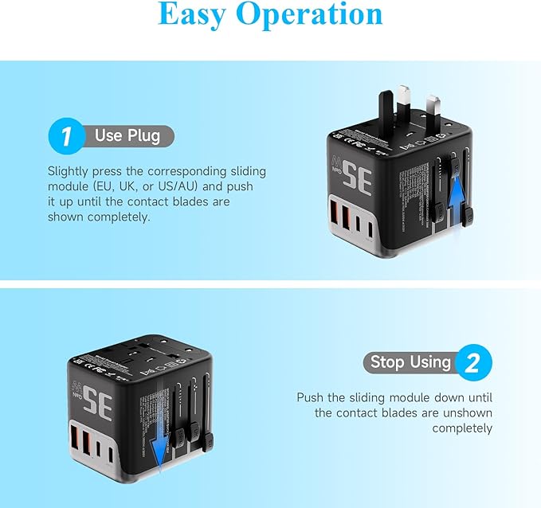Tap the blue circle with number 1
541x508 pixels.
tap(67, 135)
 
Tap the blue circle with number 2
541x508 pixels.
tap(472, 363)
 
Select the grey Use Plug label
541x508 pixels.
tap(127, 135)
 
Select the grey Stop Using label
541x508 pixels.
tap(410, 363)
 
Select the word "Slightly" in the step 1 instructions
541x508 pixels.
tap(69, 171)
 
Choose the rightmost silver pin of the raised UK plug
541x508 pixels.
tap(435, 111)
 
